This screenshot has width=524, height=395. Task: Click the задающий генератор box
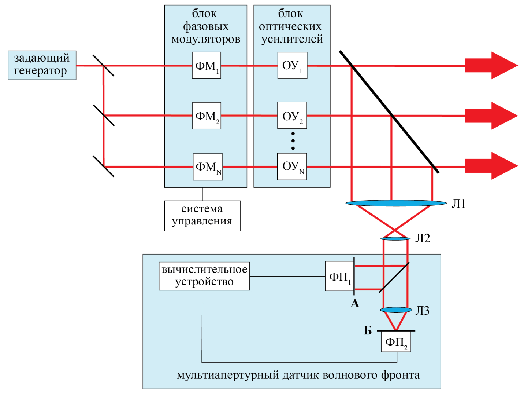point(42,65)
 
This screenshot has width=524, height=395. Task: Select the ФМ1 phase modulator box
point(207,65)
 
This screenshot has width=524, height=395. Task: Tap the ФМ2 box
point(207,116)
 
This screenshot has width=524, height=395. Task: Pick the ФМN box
point(208,167)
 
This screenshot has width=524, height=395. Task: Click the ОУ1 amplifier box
point(292,65)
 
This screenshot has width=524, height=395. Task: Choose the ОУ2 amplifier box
point(292,116)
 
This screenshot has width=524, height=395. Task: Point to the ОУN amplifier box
point(292,167)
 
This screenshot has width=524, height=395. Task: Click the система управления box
point(202,216)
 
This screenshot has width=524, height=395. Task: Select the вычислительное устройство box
point(204,276)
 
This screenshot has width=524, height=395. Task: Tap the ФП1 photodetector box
point(339,276)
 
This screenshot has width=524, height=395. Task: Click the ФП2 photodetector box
point(396,342)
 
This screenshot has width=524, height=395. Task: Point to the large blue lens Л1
point(396,203)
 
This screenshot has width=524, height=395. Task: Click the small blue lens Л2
point(395,239)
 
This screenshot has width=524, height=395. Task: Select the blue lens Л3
point(396,310)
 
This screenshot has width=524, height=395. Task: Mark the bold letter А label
point(355,303)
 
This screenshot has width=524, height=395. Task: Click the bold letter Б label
point(368,331)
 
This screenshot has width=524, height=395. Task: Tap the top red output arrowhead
point(503,66)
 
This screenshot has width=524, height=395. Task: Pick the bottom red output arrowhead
point(503,166)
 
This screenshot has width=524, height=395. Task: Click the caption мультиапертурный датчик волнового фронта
point(298,375)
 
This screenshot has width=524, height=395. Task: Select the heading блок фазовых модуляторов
point(206,26)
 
